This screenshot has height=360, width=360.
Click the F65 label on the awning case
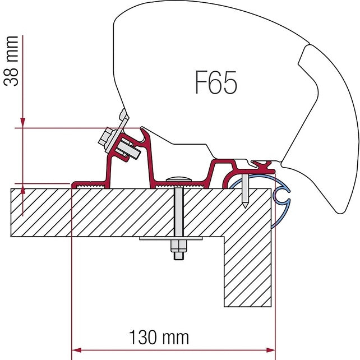(x=216, y=83)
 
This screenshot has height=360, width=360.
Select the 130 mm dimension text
(x=159, y=338)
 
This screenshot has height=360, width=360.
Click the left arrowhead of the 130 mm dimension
(x=77, y=347)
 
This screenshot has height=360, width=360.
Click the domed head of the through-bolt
(x=178, y=179)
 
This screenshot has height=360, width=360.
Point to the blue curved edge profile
(x=280, y=196)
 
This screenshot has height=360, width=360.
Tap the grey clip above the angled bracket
(x=122, y=118)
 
